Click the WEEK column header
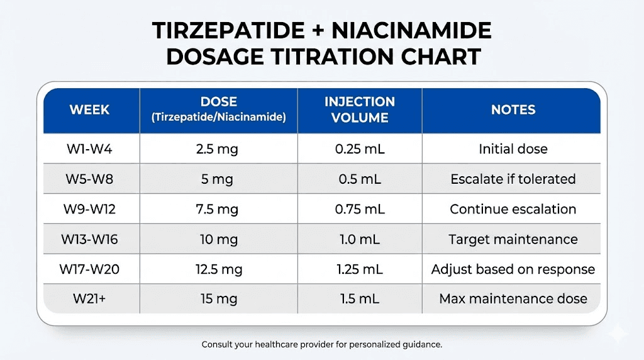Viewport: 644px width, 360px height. (x=89, y=110)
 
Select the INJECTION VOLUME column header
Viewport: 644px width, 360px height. (x=359, y=110)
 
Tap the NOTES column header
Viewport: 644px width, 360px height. (x=513, y=110)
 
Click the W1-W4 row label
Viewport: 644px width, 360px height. (x=89, y=149)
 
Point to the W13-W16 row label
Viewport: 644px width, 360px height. (x=89, y=239)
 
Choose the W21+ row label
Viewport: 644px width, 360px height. (x=89, y=299)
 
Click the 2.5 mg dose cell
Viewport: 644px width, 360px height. (x=218, y=149)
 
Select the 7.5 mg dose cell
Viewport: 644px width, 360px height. (x=218, y=210)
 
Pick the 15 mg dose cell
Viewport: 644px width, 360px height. (x=218, y=299)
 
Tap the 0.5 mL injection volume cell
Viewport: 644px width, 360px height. (x=359, y=179)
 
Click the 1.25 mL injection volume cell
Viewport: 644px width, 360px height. (x=359, y=269)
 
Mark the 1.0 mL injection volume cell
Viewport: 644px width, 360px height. (x=359, y=239)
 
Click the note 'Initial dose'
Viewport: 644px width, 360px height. (x=513, y=149)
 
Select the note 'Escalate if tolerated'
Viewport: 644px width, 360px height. (x=513, y=179)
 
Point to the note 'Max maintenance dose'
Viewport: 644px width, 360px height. (x=513, y=299)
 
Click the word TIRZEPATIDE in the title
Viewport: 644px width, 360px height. (x=238, y=31)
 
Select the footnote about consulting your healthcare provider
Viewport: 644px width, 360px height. (x=322, y=345)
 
